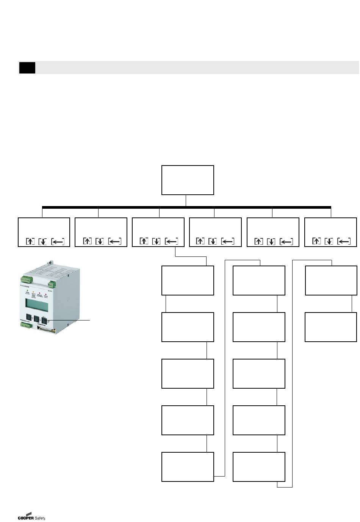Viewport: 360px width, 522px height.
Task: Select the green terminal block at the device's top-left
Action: coord(26,280)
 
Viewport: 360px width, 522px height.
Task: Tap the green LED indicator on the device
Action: coord(28,291)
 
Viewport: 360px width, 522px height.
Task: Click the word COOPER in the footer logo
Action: coord(25,518)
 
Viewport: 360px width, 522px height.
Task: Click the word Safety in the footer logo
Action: coord(40,518)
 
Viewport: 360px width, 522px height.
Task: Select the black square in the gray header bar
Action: coord(27,68)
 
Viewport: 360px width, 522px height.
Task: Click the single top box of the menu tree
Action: coord(188,180)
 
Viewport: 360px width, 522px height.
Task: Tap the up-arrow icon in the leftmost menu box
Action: coord(30,241)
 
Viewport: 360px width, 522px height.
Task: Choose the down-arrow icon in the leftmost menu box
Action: coord(42,241)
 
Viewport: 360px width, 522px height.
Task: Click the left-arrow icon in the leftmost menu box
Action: coord(58,241)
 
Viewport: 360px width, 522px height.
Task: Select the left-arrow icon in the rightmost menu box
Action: coord(344,241)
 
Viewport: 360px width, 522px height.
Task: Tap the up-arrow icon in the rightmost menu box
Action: coord(316,241)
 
